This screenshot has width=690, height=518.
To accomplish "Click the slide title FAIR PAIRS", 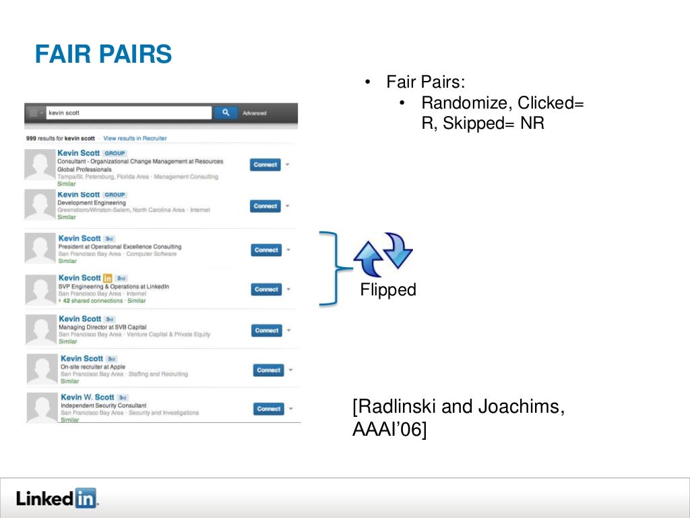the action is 103,54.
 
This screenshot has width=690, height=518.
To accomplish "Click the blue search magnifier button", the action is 226,113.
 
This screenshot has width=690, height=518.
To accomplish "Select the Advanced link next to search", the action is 255,113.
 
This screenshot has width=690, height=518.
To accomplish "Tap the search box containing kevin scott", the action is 128,113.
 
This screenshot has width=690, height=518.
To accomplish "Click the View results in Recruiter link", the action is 135,138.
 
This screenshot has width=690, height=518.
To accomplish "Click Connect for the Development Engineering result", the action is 265,206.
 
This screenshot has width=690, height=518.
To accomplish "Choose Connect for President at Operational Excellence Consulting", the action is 266,250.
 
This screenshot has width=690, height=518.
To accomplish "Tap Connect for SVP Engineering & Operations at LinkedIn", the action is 266,289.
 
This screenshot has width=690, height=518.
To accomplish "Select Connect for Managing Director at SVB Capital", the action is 266,330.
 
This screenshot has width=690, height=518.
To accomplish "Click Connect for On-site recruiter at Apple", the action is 268,370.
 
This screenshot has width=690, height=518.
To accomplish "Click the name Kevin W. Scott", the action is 88,398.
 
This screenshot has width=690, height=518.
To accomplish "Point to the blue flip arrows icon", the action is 383,256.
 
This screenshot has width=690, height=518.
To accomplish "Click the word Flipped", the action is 388,290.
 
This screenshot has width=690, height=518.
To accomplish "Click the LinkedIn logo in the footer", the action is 57,498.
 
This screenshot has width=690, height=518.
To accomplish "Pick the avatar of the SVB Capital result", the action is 40,330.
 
